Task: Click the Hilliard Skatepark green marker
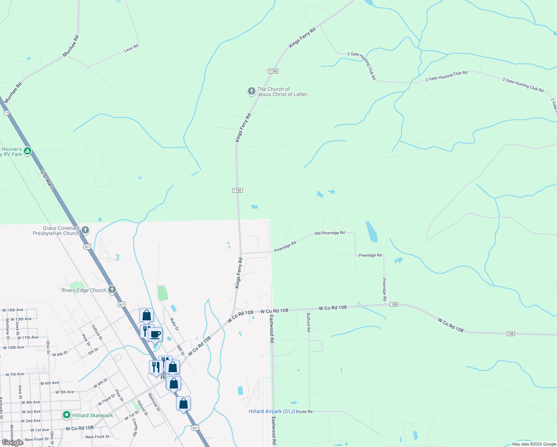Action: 67,415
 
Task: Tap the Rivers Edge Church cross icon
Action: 112,290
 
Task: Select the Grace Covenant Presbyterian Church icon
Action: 85,230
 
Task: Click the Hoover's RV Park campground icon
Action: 27,151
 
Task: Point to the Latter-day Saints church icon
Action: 252,91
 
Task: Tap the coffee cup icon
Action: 155,334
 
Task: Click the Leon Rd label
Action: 131,48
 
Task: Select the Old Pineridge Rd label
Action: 330,233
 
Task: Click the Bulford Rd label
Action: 308,322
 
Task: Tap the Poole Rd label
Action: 304,412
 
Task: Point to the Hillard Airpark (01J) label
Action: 272,411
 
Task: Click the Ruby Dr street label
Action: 174,324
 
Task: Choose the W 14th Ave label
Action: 13,310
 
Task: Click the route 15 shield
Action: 7,113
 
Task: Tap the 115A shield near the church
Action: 273,71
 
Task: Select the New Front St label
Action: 98,437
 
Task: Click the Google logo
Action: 13,443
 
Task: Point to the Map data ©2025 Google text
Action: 534,444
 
